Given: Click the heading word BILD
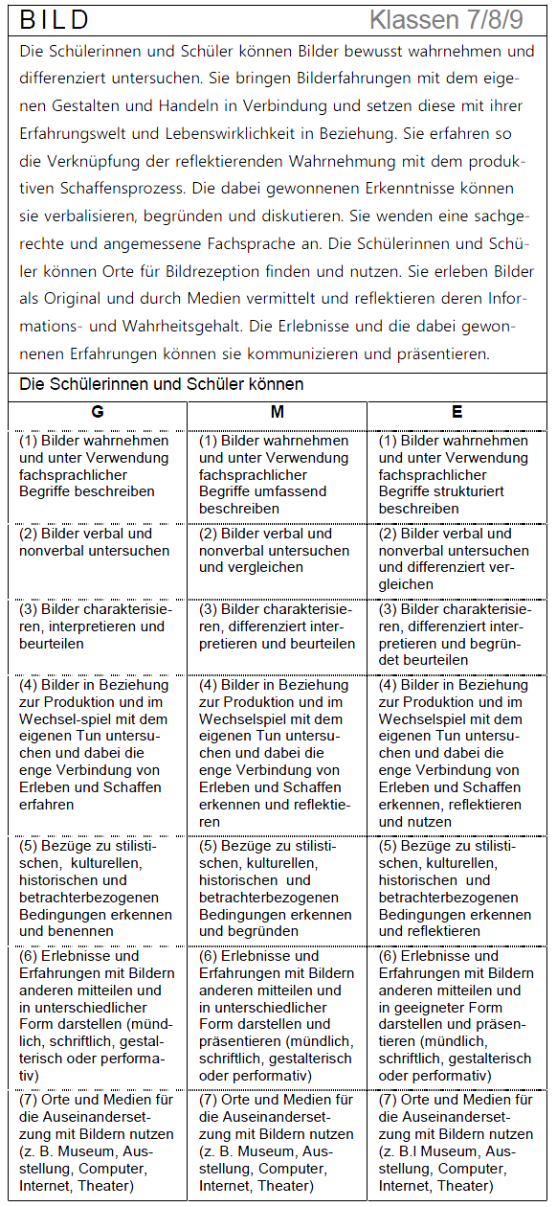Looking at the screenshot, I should click(55, 20).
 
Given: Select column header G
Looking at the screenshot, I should click(98, 412).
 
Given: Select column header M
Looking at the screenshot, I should click(278, 412).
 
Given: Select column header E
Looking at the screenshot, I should click(457, 412).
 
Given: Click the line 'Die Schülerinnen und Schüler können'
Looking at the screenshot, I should click(162, 385).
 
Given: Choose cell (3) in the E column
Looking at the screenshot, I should click(456, 634).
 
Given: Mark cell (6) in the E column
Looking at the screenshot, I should click(456, 1015).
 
